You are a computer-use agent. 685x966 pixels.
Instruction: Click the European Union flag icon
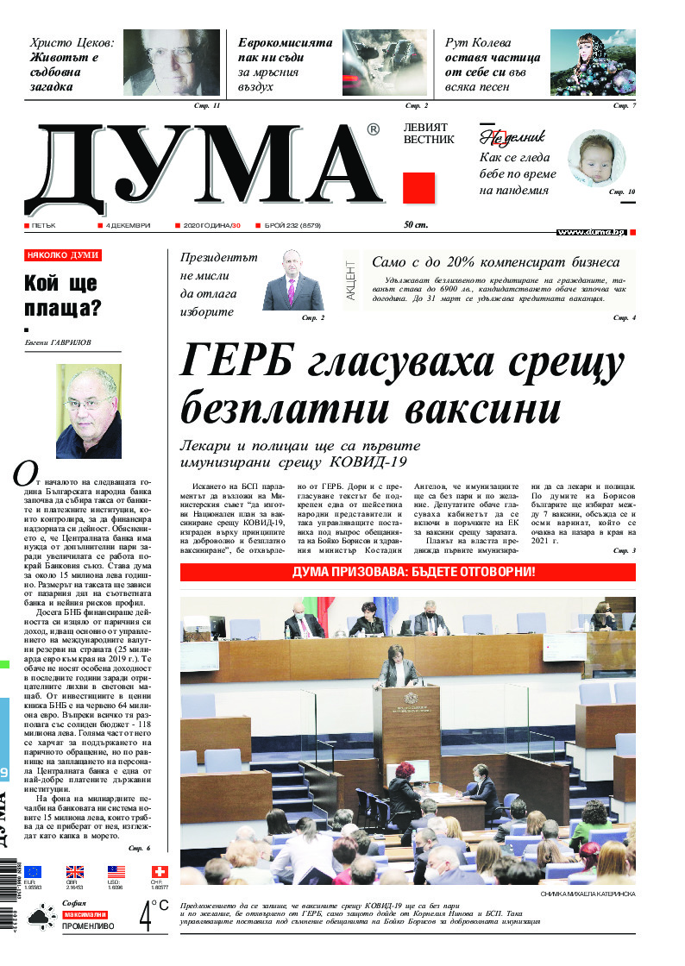click(x=33, y=872)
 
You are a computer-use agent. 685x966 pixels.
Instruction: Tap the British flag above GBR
click(x=75, y=872)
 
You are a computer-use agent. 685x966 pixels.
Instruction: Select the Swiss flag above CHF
click(x=159, y=872)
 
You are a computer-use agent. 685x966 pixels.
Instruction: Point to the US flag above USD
click(x=116, y=872)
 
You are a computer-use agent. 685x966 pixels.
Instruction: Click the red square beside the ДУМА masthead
click(x=418, y=188)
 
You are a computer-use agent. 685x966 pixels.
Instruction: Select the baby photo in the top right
click(x=596, y=159)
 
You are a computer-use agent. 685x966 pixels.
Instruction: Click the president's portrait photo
click(x=292, y=281)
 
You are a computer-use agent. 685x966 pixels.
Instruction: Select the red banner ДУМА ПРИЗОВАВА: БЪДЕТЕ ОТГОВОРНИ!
click(x=408, y=572)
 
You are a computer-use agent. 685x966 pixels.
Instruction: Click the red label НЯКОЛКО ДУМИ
click(x=63, y=255)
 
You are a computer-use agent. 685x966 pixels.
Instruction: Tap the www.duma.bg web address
click(x=591, y=233)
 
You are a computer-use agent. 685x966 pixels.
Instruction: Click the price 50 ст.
click(x=416, y=226)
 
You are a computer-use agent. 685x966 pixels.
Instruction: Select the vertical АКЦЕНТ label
click(x=351, y=280)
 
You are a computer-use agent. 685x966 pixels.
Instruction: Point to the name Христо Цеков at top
click(x=72, y=42)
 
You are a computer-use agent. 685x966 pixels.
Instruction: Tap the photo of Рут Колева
click(x=593, y=63)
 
